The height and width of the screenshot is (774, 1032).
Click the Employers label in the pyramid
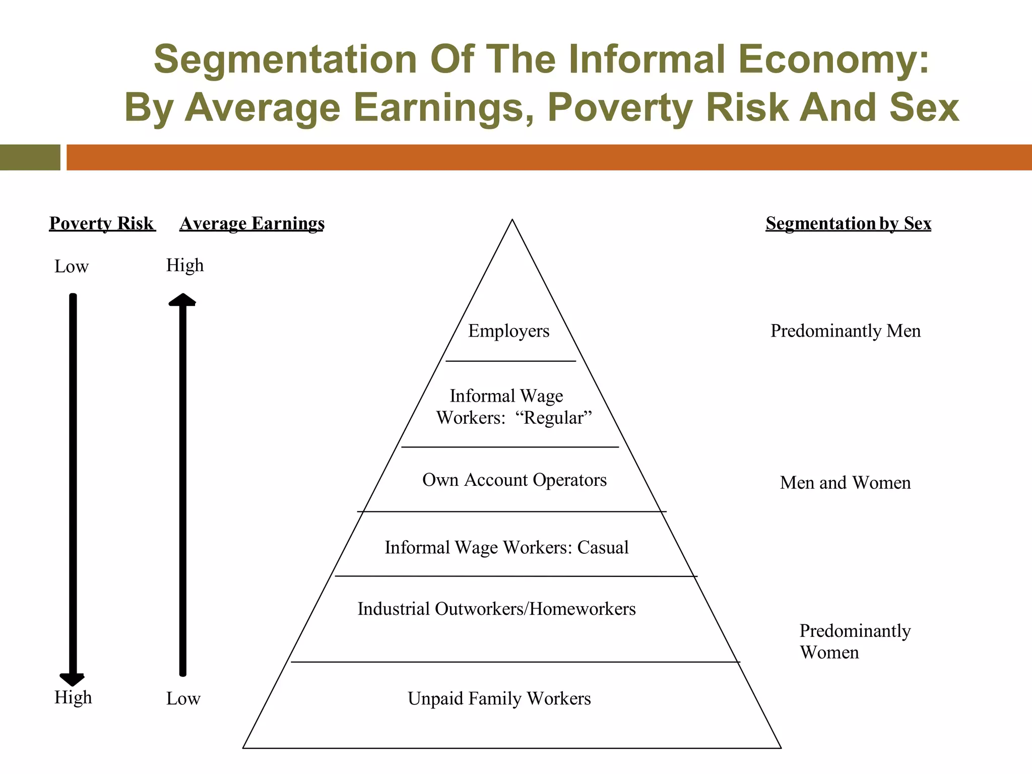(x=508, y=331)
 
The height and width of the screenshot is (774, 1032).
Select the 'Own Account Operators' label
(x=514, y=480)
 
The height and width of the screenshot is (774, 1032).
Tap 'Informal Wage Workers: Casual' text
(x=506, y=547)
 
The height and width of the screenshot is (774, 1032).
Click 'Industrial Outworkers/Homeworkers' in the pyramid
(x=496, y=609)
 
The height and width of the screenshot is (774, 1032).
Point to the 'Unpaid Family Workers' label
(x=499, y=698)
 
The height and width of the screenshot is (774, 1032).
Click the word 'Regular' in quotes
(x=553, y=418)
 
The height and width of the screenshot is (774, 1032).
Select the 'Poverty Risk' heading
(x=102, y=223)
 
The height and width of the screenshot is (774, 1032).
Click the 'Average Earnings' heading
(x=252, y=223)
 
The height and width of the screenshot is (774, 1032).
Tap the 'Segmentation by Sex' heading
(x=848, y=223)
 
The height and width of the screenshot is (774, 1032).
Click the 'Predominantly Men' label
(x=845, y=331)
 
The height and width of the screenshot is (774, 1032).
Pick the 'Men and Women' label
(x=845, y=483)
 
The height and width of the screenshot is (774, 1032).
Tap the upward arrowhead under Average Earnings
(x=182, y=300)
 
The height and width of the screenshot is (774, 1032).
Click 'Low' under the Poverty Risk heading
(x=72, y=267)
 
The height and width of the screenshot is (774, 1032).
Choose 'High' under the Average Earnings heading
(x=185, y=265)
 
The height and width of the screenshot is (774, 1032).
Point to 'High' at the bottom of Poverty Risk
(x=73, y=697)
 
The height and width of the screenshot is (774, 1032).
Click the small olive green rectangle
(x=30, y=157)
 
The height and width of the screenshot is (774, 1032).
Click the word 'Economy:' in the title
(x=833, y=59)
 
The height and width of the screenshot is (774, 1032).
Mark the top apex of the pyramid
(x=512, y=220)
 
